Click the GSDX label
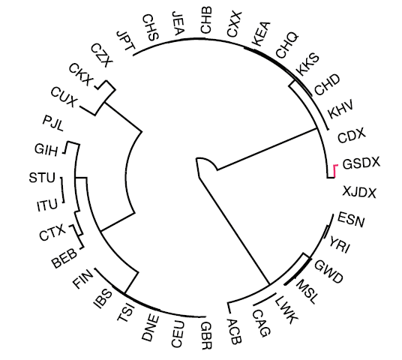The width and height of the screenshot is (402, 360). pos(361,163)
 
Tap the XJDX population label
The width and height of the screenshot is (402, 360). pos(359,192)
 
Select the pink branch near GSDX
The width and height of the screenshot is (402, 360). pos(335,171)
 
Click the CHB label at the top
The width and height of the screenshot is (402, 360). pos(206,20)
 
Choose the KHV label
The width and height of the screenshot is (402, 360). pos(340,109)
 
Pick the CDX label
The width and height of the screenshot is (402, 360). pos(351,135)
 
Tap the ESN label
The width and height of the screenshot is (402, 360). pos(351,219)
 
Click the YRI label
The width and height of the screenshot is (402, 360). pos(340,244)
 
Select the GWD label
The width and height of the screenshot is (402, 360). pos(328,271)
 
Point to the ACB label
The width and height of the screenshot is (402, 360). pos(234,331)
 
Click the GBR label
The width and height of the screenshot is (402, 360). pos(206,336)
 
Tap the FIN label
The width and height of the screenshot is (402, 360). pos(83,278)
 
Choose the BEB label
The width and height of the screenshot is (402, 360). pos(64,258)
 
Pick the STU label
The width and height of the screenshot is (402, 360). pos(42,178)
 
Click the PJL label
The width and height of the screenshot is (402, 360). pos(52,123)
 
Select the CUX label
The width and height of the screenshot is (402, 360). pos(64,97)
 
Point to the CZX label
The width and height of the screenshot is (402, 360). pos(102,55)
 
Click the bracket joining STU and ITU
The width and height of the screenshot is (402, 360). pos(62,190)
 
